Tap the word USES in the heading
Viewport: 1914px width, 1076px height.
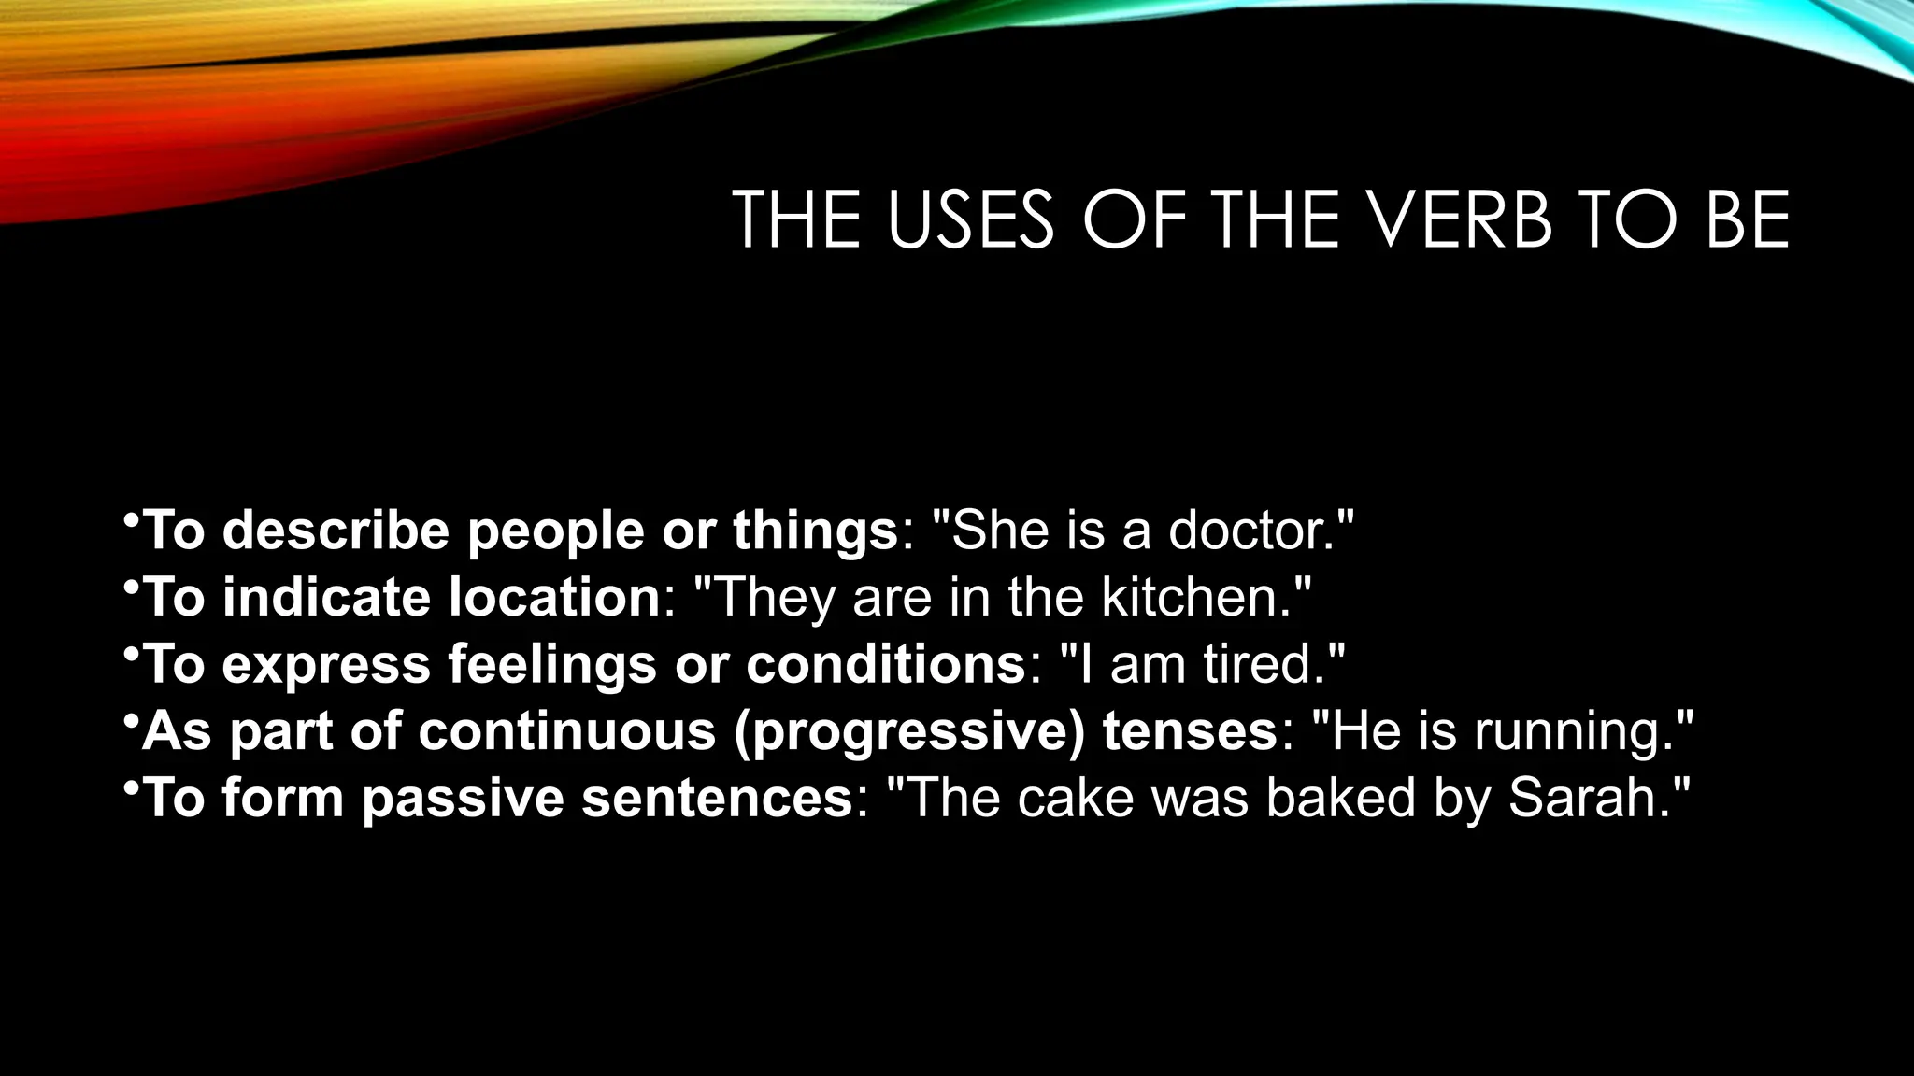[x=970, y=220]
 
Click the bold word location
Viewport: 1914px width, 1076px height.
[x=554, y=597]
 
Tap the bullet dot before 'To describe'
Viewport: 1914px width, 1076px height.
[x=131, y=518]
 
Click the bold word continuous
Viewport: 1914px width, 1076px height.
[x=566, y=731]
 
